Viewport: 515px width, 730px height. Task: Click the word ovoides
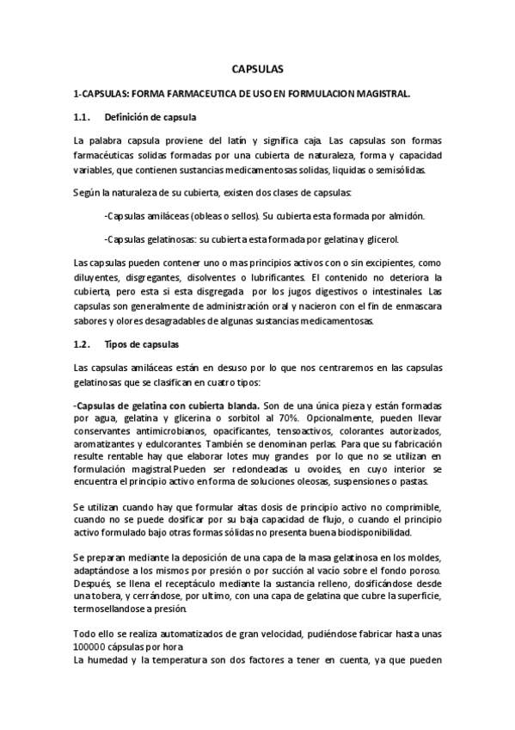[303, 469]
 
